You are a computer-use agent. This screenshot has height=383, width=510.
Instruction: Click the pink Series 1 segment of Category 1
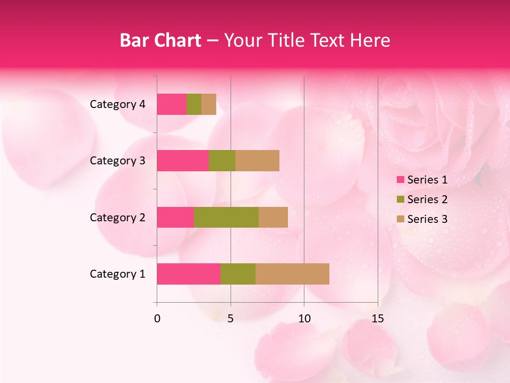pos(189,274)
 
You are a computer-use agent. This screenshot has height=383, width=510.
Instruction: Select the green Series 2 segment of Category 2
pos(226,217)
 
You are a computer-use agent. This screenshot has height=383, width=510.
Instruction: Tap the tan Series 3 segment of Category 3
pos(257,161)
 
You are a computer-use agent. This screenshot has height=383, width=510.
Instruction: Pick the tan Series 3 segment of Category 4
pos(209,104)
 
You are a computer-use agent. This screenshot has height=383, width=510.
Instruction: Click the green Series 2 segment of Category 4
pos(194,104)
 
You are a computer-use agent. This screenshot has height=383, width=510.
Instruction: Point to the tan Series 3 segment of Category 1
pos(292,274)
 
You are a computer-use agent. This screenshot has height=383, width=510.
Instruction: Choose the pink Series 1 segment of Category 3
pos(183,161)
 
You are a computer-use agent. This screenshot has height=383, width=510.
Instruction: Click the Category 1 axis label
pos(117,274)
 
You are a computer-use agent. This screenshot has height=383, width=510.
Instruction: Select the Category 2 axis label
pos(117,217)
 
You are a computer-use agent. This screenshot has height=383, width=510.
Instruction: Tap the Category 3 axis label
pos(117,161)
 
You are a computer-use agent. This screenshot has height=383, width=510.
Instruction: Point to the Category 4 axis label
pos(117,104)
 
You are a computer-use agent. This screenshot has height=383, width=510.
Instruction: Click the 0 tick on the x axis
pos(157,319)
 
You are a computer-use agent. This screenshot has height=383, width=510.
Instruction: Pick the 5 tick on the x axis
pos(231,319)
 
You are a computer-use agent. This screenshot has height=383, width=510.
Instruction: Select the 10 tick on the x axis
pos(304,319)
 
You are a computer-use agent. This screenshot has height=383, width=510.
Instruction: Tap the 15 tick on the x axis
pos(377,319)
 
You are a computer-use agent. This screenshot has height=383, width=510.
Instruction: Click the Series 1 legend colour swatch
pos(400,180)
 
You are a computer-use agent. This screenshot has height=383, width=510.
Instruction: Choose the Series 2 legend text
pos(427,199)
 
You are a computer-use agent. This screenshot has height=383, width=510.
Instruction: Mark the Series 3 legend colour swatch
pos(400,219)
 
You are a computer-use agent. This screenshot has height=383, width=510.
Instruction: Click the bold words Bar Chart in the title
pos(160,40)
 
